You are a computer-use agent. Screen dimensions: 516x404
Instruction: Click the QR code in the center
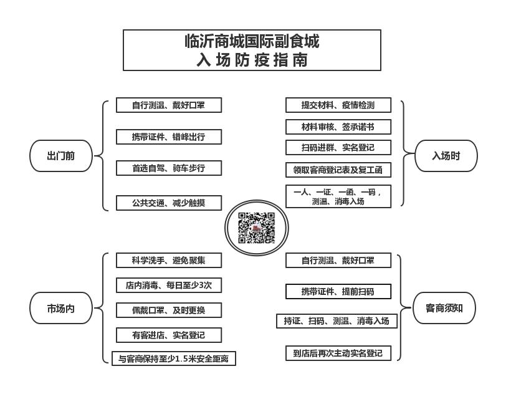pos(256,228)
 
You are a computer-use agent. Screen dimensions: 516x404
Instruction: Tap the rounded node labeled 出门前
pos(61,156)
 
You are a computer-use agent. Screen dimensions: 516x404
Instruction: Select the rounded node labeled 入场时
pos(446,156)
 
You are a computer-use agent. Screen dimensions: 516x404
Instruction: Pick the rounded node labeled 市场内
pos(61,308)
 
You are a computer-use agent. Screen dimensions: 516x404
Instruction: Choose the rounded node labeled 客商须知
pos(444,308)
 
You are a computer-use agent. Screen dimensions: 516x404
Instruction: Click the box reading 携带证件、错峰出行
pos(169,137)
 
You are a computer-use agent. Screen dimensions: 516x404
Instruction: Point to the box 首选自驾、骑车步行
pos(169,168)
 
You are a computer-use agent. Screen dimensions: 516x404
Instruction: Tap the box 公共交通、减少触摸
pos(169,203)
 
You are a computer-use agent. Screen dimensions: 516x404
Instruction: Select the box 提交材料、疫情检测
pos(338,105)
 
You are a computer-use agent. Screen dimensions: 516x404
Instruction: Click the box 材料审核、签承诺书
pos(338,127)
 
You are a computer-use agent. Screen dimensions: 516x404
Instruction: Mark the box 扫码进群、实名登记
pos(338,148)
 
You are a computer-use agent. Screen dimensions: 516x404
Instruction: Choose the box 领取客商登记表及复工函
pos(338,170)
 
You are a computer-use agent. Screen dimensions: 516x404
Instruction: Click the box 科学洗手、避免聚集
pos(169,261)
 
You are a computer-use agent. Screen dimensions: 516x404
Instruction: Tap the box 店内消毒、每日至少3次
pos(169,285)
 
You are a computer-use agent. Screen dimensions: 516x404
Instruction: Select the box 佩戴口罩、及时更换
pos(169,310)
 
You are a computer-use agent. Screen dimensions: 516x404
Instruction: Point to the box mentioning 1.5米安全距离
pos(174,358)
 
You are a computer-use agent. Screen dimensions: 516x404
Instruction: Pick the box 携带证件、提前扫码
pos(338,291)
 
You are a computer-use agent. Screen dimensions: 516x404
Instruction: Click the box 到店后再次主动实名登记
pos(338,353)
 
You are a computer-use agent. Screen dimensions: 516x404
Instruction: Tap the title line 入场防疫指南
pos(252,60)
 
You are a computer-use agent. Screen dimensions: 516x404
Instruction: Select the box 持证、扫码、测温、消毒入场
pos(337,321)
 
